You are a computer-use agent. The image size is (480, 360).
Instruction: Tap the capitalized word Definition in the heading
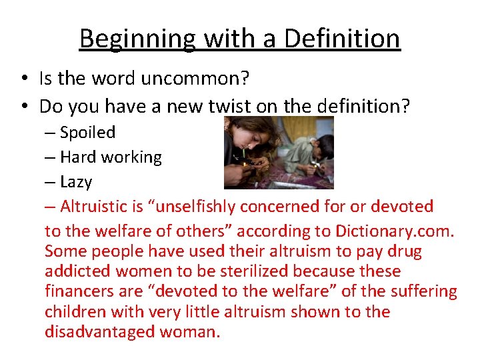click(342, 39)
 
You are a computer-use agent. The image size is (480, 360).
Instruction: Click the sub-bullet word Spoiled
click(87, 132)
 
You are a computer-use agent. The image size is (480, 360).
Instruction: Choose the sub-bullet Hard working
click(111, 157)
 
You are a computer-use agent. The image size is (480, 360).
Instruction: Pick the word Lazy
click(76, 181)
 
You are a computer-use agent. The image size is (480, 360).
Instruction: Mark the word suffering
click(425, 291)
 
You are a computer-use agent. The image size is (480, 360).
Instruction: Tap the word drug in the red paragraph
click(406, 252)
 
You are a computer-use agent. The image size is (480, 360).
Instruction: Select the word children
click(75, 311)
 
